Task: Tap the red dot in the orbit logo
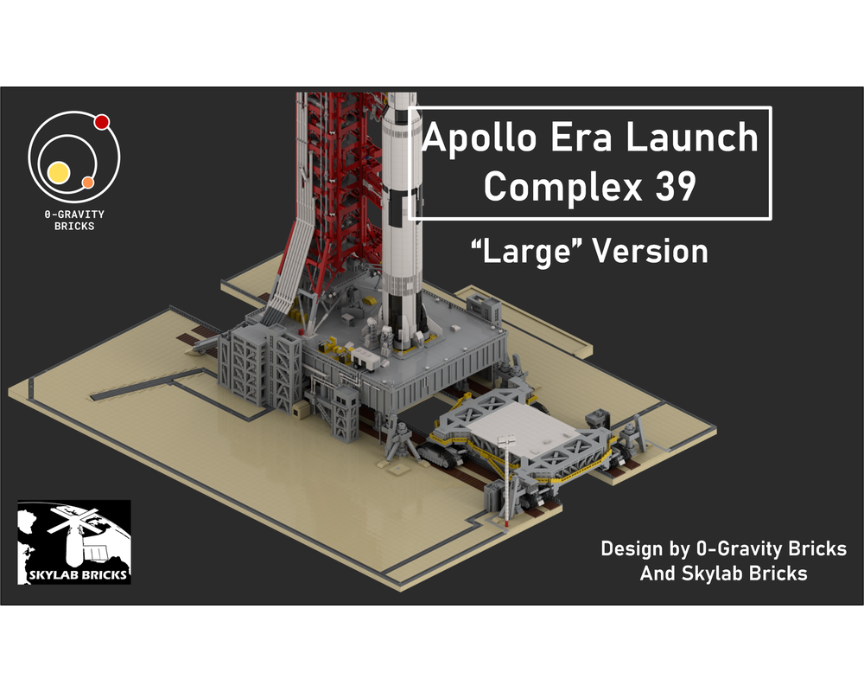pos(101,122)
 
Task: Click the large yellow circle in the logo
pos(59,171)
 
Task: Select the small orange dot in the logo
pos(87,183)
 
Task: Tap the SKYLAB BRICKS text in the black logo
pos(73,573)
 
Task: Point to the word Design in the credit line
pos(632,549)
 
